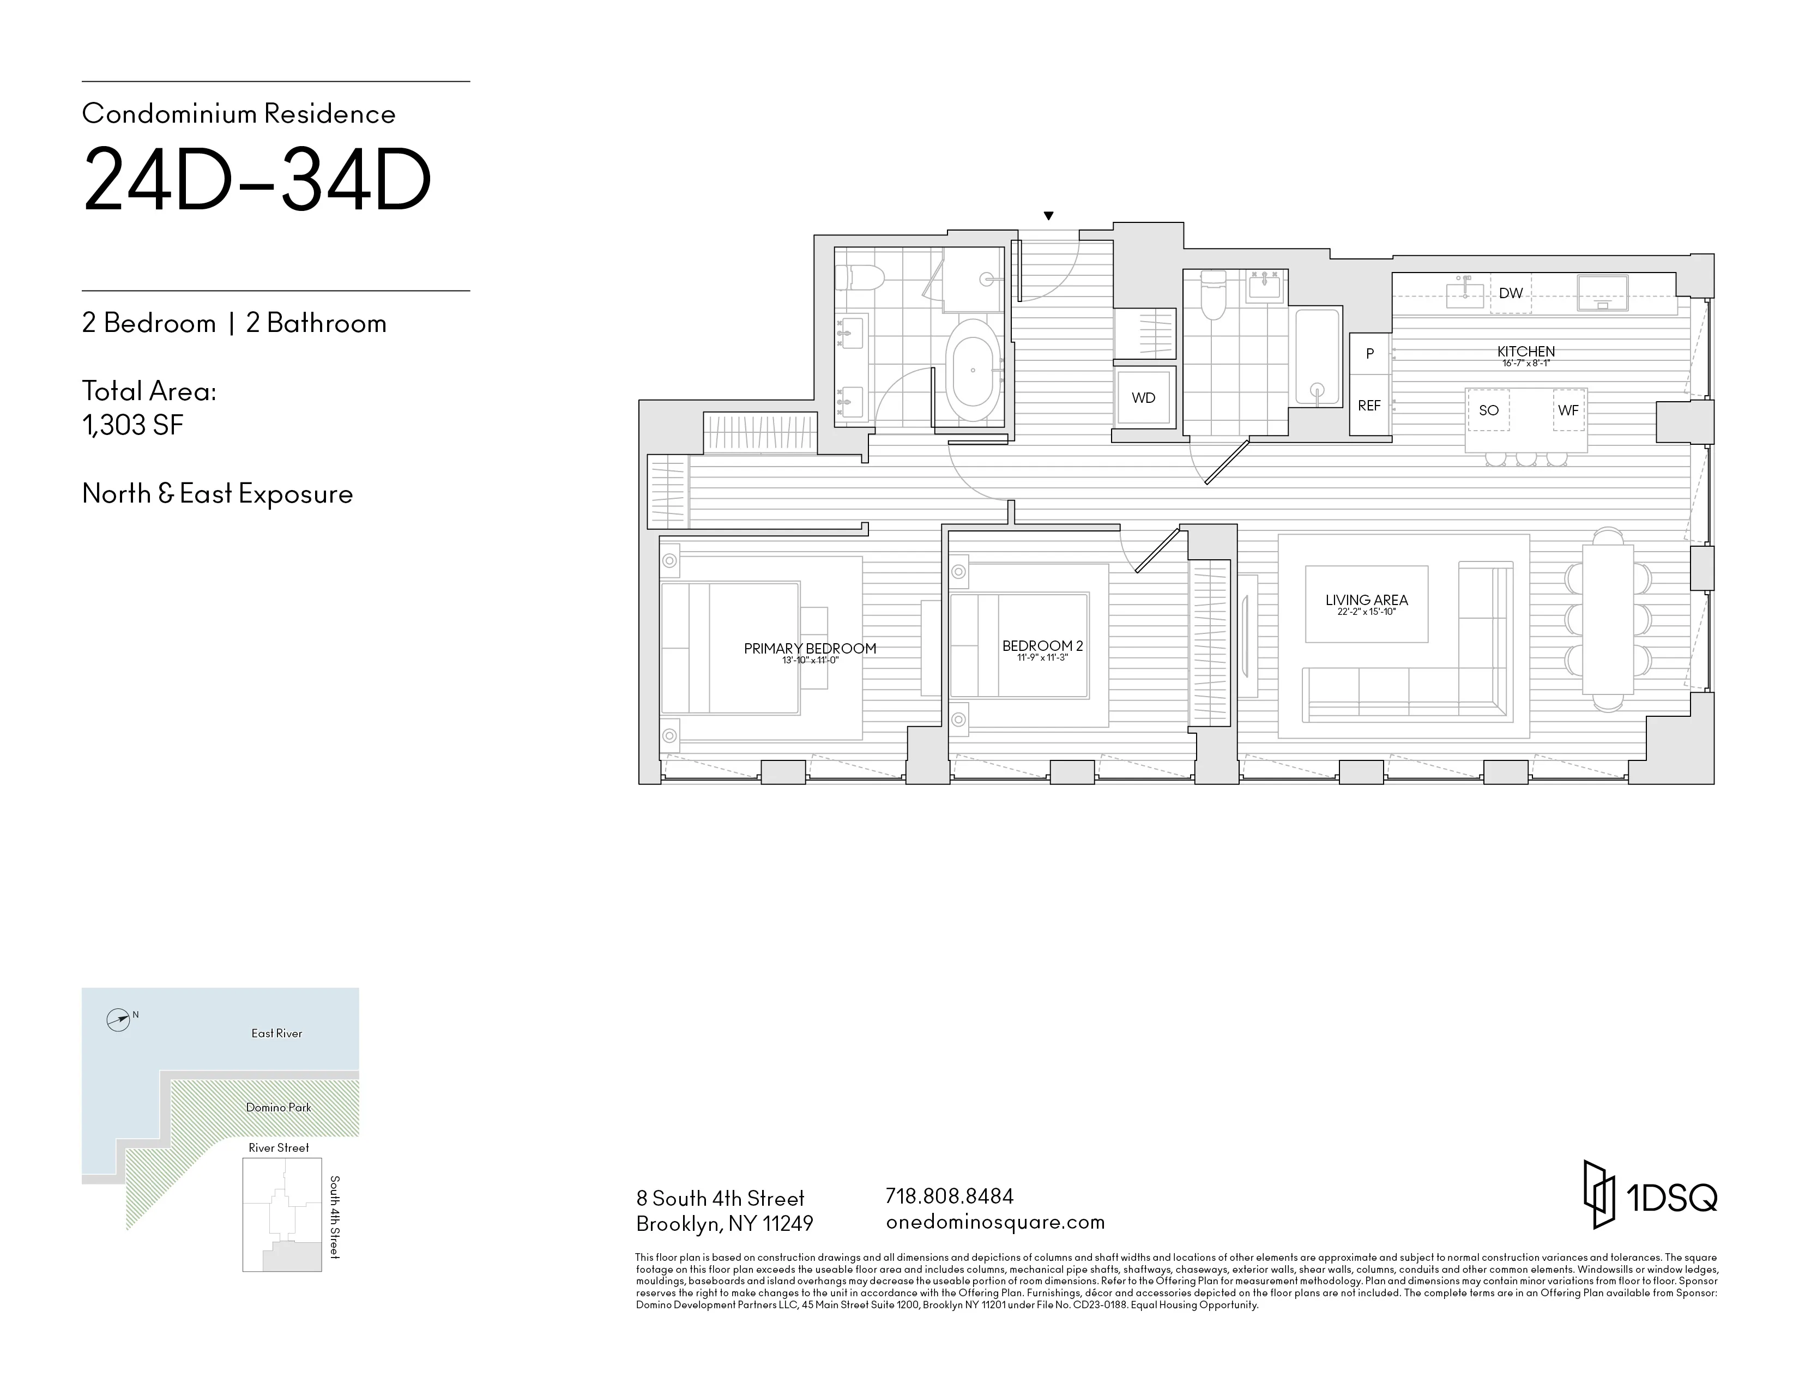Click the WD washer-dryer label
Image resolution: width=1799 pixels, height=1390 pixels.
point(1143,398)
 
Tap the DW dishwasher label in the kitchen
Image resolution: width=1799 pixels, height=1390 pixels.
point(1510,293)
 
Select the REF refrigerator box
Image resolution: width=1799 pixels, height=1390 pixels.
point(1369,406)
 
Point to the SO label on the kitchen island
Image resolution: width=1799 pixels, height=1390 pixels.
point(1488,410)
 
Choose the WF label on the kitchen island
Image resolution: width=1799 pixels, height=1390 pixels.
point(1567,410)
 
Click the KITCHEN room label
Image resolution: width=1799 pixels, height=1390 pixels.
point(1525,352)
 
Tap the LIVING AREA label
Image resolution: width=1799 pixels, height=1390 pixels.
point(1367,600)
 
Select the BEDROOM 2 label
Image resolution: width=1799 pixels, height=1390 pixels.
point(1042,646)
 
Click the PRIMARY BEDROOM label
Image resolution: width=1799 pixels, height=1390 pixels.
point(810,649)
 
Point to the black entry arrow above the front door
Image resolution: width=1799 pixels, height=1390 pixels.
point(1048,216)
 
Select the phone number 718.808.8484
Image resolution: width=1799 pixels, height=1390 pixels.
point(949,1195)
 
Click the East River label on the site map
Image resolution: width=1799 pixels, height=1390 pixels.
point(277,1034)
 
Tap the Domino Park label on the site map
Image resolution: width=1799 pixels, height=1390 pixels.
point(279,1108)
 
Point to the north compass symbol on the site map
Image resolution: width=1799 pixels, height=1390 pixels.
point(119,1020)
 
